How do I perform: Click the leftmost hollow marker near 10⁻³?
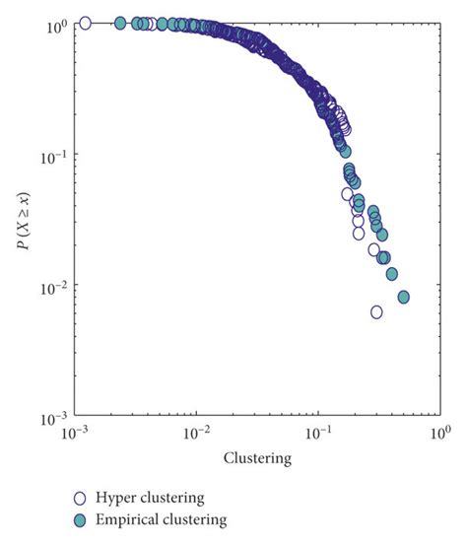pyautogui.click(x=85, y=23)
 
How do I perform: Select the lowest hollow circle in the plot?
pyautogui.click(x=376, y=311)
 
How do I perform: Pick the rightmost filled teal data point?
pyautogui.click(x=403, y=297)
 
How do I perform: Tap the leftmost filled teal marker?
pyautogui.click(x=120, y=23)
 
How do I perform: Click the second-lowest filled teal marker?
pyautogui.click(x=392, y=273)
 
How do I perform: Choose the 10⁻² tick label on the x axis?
pyautogui.click(x=196, y=435)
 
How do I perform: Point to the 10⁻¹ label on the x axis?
pyautogui.click(x=317, y=435)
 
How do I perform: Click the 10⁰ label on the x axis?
pyautogui.click(x=439, y=435)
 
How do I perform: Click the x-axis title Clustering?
pyautogui.click(x=256, y=458)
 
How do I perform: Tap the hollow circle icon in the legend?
pyautogui.click(x=82, y=499)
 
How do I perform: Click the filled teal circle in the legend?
pyautogui.click(x=82, y=518)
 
